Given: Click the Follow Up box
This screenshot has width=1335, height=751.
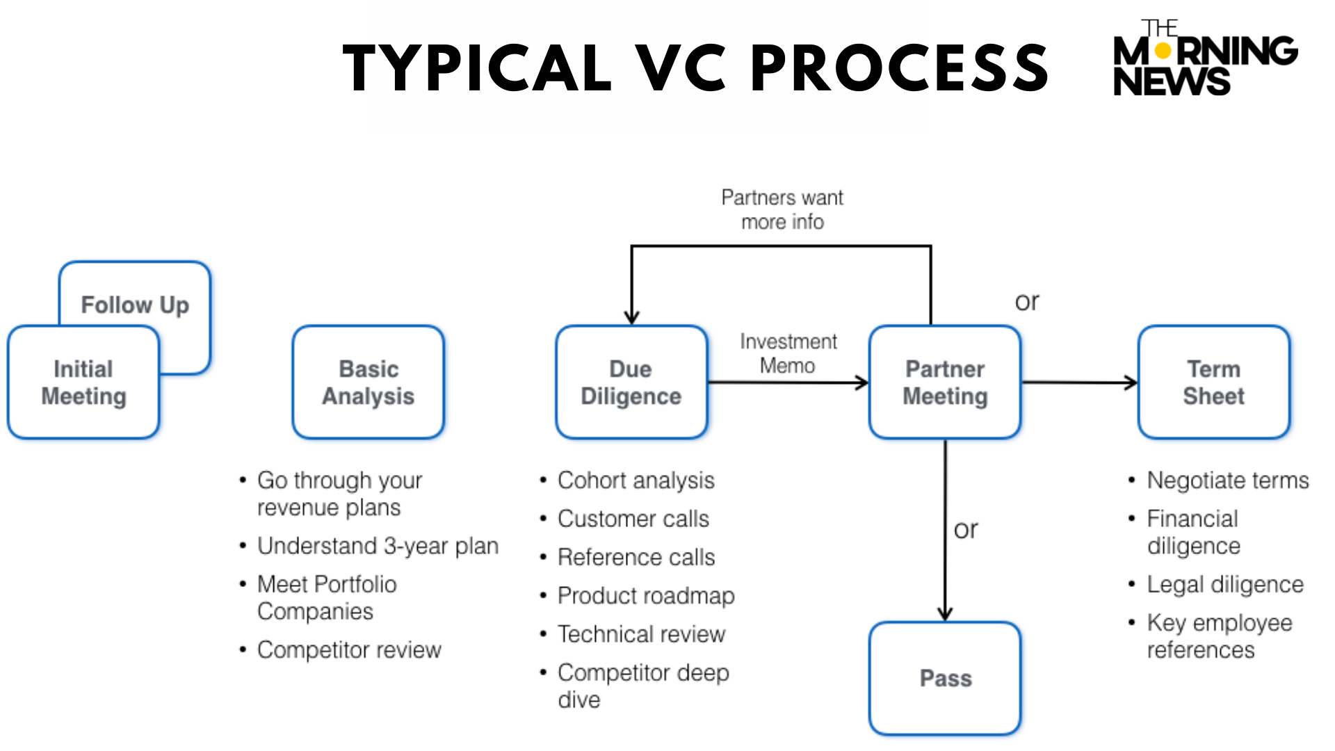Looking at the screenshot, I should [x=136, y=305].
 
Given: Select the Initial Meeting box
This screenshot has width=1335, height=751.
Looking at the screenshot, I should [x=83, y=382].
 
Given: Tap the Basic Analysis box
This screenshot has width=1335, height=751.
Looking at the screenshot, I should [x=368, y=382].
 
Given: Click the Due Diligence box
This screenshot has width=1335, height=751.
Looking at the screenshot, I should [x=631, y=382].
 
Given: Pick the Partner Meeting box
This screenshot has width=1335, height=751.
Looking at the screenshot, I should [x=945, y=382].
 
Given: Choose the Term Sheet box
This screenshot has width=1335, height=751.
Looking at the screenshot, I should [x=1213, y=382].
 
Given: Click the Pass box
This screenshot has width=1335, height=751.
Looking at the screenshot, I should [x=945, y=678].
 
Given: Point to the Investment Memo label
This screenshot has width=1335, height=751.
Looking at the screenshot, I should [x=788, y=353].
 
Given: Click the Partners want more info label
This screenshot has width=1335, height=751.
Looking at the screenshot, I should [x=782, y=209].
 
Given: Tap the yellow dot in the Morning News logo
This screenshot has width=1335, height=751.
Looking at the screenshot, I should [x=1163, y=51].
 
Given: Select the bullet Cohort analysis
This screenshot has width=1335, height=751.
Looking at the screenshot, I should [x=636, y=481].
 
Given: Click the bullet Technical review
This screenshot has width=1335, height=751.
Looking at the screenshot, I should [x=641, y=634].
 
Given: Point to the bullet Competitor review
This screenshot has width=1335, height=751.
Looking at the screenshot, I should [x=349, y=650].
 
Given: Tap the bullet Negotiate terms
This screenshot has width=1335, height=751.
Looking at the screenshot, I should [x=1227, y=481].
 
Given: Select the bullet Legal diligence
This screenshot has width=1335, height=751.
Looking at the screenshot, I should [x=1224, y=585].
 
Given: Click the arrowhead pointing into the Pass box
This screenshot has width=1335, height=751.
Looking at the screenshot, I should [x=945, y=614].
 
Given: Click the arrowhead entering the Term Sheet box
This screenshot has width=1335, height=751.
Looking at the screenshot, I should [x=1131, y=382].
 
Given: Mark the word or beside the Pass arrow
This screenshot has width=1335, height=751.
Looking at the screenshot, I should [x=966, y=530].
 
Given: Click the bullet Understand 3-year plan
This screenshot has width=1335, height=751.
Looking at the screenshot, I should [x=378, y=547].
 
